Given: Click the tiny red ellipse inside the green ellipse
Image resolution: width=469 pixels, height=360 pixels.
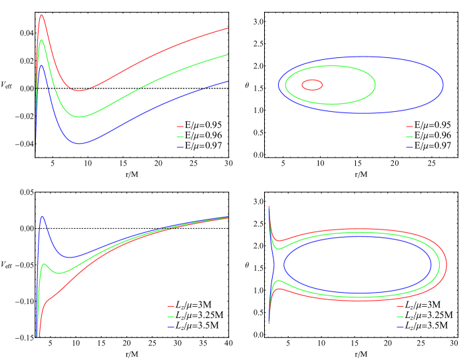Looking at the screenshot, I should pos(312,85).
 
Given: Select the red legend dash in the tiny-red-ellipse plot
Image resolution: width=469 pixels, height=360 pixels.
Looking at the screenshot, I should pos(409,126).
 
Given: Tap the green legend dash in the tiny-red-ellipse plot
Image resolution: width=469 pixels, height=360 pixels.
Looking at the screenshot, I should pos(409,136).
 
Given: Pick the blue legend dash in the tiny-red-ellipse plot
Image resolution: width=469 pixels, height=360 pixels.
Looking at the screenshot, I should pos(409,146).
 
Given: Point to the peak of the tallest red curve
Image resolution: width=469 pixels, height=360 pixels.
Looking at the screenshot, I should pos(41,15).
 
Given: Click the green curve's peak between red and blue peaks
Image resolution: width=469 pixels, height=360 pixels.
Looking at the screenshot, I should pos(41,40).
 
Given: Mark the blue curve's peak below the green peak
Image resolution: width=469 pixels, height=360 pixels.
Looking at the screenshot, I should pos(41,65).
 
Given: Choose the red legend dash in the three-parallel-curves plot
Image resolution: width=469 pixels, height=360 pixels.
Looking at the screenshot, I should pos(180,126).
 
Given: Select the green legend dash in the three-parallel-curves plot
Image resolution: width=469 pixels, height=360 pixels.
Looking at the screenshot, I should pos(180,136).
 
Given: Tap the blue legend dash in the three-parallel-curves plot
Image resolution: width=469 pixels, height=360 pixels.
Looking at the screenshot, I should pos(180,146).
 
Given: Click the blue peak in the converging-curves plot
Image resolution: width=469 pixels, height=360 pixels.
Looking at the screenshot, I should pos(42,216).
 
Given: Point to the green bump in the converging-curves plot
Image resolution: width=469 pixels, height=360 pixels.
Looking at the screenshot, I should pos(46,264).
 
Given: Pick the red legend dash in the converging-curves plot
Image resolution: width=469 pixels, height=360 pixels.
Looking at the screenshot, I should pos(171,307).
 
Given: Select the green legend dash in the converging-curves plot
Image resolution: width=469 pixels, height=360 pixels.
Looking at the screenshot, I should pos(171,317).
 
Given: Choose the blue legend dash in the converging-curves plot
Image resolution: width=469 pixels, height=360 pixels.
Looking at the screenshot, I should pos(171,327).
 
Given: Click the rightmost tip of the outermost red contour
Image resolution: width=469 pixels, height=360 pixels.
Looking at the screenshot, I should pos(446,265).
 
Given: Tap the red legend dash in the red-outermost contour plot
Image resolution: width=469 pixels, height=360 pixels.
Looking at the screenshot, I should pos(400,307).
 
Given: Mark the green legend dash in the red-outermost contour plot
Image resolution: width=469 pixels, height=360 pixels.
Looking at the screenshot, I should pos(400,317).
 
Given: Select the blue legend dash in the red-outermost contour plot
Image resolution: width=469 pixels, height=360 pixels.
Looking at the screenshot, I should pos(400,327).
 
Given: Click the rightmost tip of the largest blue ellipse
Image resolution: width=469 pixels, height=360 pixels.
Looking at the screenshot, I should pos(443,85).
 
